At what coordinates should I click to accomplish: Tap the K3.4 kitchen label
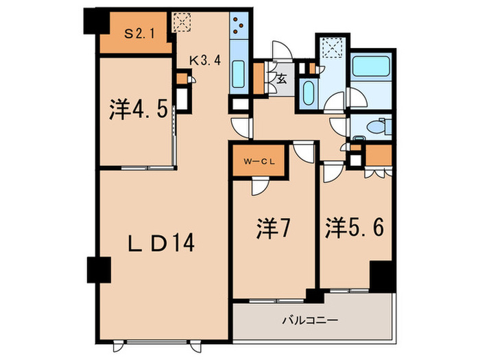click(x=204, y=60)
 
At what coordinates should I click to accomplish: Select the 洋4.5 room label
click(x=138, y=110)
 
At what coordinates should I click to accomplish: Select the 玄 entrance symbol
click(x=281, y=78)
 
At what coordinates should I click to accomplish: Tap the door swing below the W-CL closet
click(x=259, y=187)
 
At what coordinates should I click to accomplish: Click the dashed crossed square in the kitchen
click(x=182, y=23)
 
